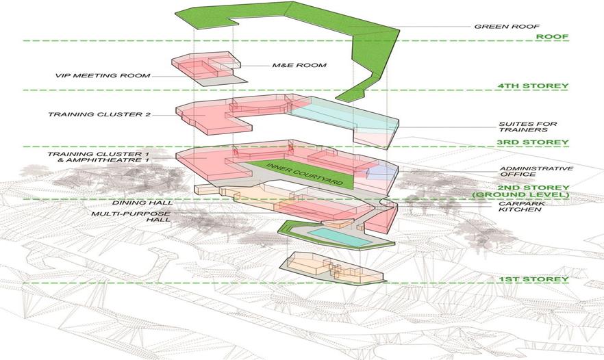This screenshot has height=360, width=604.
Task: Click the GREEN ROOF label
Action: click(x=503, y=27)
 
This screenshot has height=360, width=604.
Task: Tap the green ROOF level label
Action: click(x=552, y=37)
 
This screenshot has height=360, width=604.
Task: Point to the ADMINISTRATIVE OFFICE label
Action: click(x=526, y=171)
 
